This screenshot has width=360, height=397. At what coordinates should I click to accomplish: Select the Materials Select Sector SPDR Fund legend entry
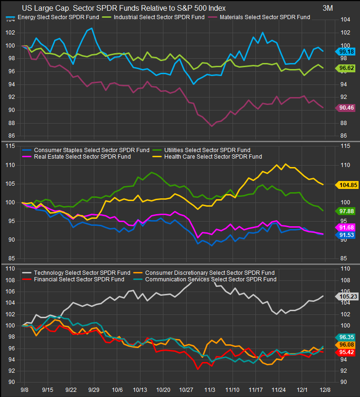[260, 17]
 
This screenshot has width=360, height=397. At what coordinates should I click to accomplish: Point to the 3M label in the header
[328, 8]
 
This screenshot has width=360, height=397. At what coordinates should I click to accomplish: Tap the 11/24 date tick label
[279, 389]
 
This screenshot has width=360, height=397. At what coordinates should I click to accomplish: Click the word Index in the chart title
[215, 8]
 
